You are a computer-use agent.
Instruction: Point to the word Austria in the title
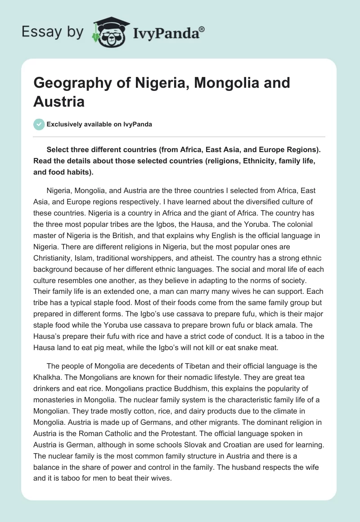[x=59, y=101]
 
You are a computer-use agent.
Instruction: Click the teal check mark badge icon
[x=39, y=125]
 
